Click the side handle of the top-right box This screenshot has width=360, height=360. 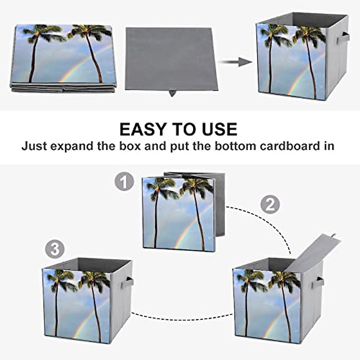tap(342, 38)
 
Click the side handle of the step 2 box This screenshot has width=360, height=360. tap(320, 282)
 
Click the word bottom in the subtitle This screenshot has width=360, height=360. tap(233, 146)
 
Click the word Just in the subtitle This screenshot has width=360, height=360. tap(34, 146)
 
